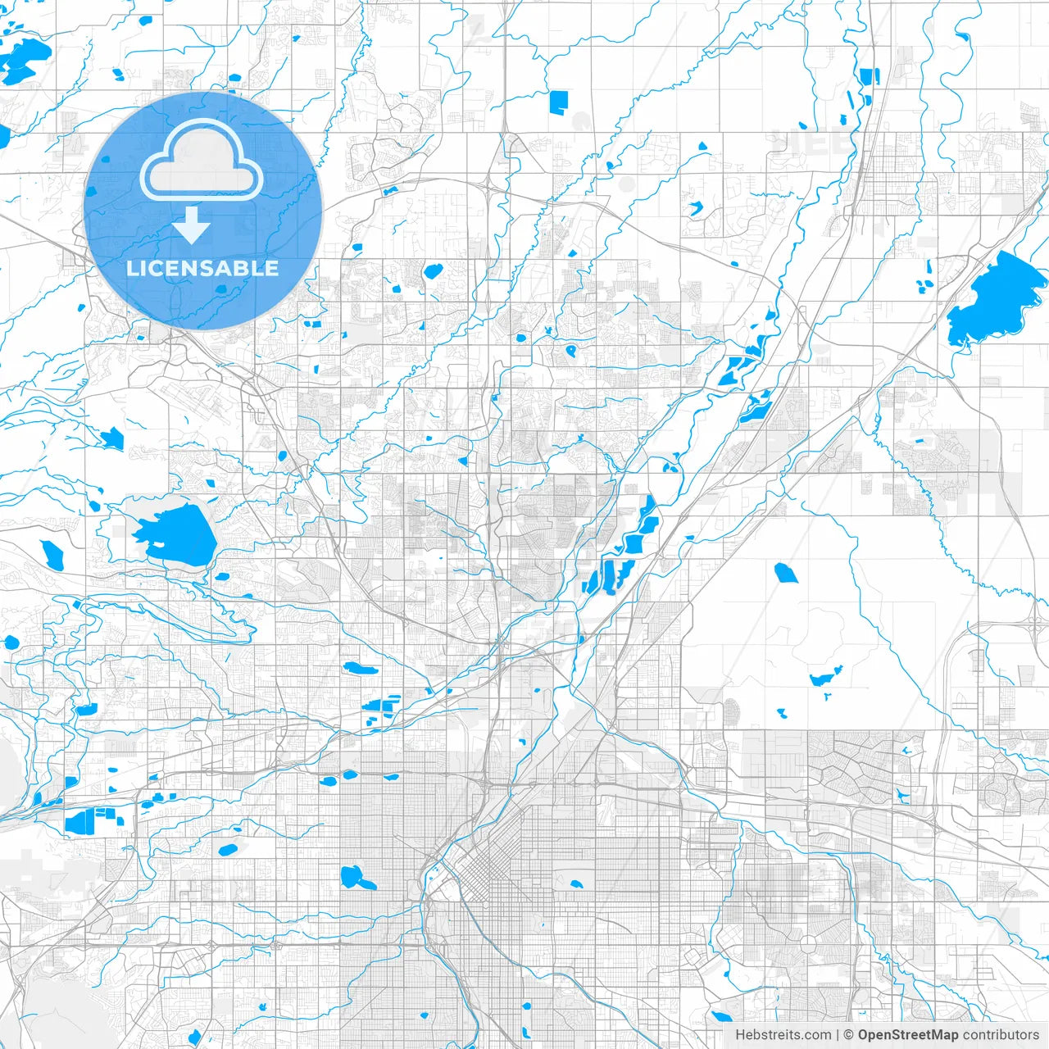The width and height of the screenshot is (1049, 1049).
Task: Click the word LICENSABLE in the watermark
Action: tap(202, 268)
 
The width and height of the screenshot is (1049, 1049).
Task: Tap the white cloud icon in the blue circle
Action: tap(202, 161)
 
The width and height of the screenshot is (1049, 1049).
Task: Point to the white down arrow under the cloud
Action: tap(192, 225)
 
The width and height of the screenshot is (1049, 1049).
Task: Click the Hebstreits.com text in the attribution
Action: tap(783, 1035)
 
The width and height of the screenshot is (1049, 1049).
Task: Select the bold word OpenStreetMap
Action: tap(908, 1035)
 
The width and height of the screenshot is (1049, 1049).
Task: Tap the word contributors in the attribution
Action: tap(1001, 1035)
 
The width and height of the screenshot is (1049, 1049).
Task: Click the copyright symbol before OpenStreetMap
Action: tap(849, 1035)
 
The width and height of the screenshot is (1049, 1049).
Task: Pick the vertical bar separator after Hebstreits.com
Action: tap(838, 1035)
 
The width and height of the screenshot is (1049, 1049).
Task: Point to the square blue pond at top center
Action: tap(558, 102)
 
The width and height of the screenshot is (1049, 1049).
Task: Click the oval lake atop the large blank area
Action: tap(786, 573)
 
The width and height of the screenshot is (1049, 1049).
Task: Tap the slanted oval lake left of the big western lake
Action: tap(52, 555)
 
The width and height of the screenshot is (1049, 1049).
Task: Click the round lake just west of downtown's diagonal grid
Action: tap(355, 878)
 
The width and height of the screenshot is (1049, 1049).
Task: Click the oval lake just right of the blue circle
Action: tap(432, 270)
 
